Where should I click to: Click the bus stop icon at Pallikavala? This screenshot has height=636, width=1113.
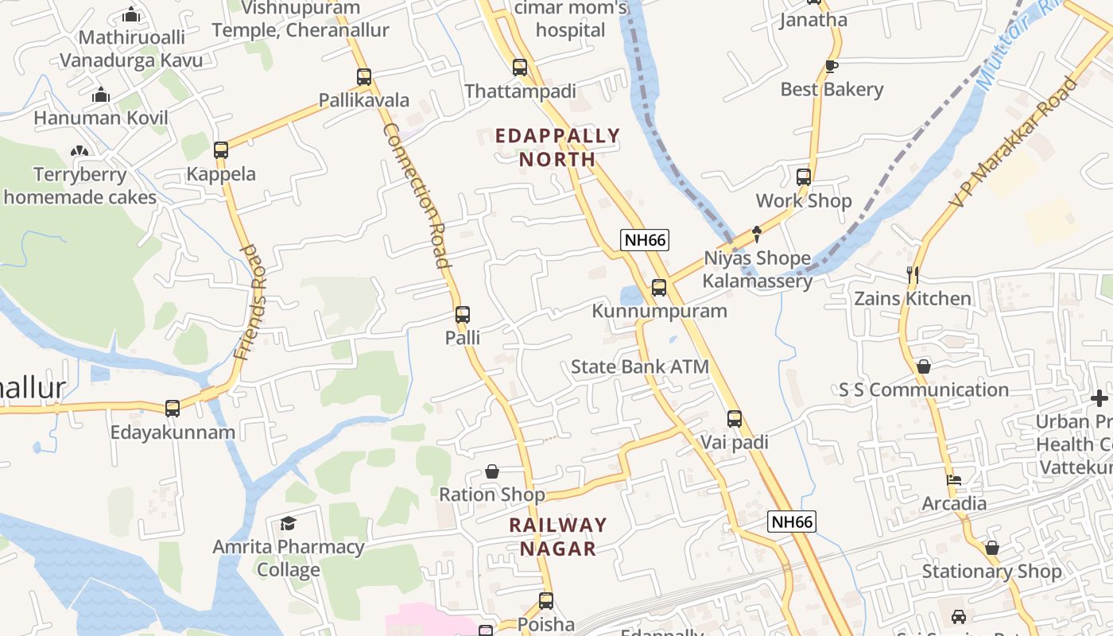(364, 77)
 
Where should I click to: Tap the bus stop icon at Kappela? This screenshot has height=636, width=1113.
(221, 149)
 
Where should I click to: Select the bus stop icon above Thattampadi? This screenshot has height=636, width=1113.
(520, 68)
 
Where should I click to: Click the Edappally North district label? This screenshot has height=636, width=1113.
(557, 147)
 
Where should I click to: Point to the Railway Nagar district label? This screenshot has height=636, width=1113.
(558, 537)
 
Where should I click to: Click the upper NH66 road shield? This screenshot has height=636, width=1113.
(645, 239)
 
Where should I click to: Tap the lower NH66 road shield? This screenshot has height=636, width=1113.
(792, 522)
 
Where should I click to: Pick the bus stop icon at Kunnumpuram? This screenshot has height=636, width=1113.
(659, 288)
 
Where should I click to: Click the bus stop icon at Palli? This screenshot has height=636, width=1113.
(463, 315)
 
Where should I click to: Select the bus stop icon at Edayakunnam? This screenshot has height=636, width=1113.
(173, 409)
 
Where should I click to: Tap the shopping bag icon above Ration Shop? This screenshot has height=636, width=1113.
(492, 471)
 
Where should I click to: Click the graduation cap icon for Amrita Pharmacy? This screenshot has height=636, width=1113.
(288, 523)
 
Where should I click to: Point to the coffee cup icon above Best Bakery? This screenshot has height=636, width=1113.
(832, 66)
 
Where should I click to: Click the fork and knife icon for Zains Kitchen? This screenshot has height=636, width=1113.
(913, 275)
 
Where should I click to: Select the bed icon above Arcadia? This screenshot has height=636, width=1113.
(954, 480)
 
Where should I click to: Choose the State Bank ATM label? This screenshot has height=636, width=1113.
(639, 367)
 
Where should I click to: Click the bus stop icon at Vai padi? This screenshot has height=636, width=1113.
(735, 418)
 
